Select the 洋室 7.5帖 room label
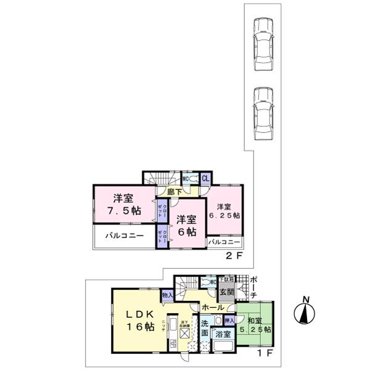pos(122,204)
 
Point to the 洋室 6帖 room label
pos(184,226)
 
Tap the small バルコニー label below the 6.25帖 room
pos(224,242)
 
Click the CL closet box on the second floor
pos(205,178)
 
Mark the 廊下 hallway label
pos(175,192)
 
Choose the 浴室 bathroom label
pos(223,334)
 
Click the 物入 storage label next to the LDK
pos(167,297)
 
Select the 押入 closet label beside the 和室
pos(228,321)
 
